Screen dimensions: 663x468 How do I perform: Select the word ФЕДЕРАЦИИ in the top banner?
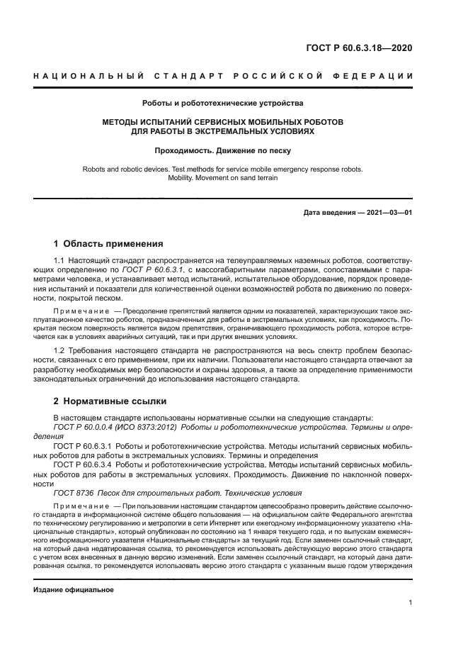click(382, 76)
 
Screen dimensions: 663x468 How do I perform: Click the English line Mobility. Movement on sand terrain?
click(223, 178)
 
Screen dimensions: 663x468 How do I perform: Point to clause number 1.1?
click(59, 262)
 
